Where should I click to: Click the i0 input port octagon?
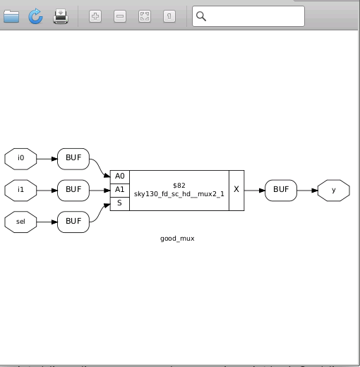tap(21, 159)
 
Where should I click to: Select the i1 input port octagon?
tap(21, 190)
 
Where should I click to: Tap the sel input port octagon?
tap(21, 221)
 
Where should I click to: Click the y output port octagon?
tap(333, 190)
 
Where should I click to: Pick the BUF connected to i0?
tap(73, 159)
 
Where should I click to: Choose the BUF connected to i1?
tap(73, 190)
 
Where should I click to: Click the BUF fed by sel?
tap(73, 221)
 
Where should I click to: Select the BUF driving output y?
tap(281, 190)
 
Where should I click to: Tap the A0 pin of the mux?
tap(119, 176)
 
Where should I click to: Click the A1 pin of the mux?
tap(119, 190)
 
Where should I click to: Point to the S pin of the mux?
tap(119, 203)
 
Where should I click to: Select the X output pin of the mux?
tap(236, 190)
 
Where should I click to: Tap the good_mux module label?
tap(177, 239)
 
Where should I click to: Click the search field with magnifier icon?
tap(248, 16)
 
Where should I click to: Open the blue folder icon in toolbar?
tap(11, 16)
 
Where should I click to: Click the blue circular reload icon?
tap(35, 16)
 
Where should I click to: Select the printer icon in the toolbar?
tap(61, 16)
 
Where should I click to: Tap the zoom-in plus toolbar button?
tap(95, 16)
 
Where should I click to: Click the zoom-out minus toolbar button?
tap(120, 16)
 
